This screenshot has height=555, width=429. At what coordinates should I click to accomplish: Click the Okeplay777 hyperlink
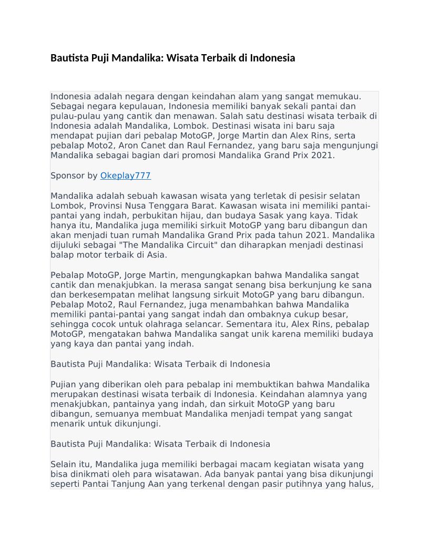pyautogui.click(x=125, y=176)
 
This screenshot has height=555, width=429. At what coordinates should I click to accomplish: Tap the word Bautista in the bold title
pyautogui.click(x=69, y=58)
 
